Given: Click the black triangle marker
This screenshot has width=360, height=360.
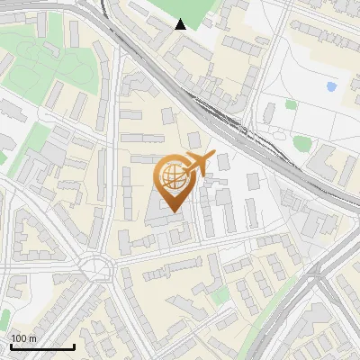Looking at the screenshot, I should click(181, 25).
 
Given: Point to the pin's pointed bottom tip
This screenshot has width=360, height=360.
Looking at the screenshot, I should click(173, 211).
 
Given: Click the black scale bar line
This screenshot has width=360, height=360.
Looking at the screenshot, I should click(42, 346).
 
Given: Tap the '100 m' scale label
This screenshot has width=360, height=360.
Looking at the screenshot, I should click(23, 338).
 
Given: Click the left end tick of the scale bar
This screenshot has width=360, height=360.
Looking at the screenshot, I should click(11, 345).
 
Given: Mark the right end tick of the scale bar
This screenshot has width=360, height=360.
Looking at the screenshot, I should click(74, 345).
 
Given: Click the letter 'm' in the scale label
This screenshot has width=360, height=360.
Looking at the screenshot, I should click(32, 338).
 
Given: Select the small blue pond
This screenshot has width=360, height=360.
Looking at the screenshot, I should click(331, 87).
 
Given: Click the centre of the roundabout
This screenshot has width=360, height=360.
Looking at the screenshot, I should click(95, 267).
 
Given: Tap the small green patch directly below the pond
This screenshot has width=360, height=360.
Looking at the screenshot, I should click(292, 104).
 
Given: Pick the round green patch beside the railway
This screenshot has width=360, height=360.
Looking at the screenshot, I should click(303, 142).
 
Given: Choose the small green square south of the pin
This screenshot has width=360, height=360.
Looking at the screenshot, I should click(219, 296).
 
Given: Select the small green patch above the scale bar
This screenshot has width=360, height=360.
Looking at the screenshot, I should click(4, 318).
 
